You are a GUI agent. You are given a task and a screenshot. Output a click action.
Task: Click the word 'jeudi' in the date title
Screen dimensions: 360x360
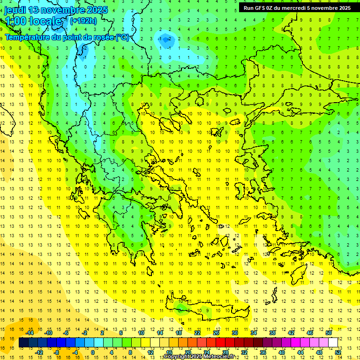pos(15,10)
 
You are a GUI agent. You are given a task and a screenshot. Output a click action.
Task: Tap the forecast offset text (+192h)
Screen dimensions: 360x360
pos(83,21)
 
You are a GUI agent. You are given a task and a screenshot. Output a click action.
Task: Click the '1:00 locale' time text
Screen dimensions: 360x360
pos(35,21)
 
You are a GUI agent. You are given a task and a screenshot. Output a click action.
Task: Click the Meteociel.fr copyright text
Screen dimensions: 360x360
pos(199,357)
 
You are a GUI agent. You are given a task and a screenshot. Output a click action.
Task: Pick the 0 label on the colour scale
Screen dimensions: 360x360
pos(92,352)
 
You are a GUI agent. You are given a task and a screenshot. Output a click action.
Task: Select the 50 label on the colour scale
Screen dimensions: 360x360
pos(328,333)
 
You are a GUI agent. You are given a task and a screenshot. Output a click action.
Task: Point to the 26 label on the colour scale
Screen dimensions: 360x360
pos(216,333)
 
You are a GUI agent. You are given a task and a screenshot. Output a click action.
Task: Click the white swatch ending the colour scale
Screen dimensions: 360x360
pos(333,342)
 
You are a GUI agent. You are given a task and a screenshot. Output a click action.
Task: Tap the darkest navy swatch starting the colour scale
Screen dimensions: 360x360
pos(24,342)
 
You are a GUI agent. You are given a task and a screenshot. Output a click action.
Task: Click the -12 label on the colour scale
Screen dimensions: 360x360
pos(39,352)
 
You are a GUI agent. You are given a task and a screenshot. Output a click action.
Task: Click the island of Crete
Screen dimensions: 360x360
pos(216,312)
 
